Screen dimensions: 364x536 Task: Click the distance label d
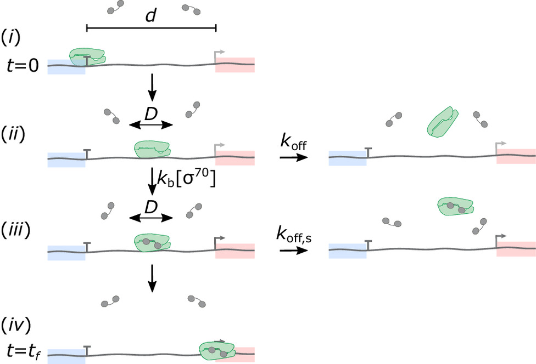tap(150, 17)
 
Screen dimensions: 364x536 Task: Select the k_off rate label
tap(292, 141)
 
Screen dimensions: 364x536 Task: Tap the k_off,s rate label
tap(295, 235)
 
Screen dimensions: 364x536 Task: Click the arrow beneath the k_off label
tap(291, 157)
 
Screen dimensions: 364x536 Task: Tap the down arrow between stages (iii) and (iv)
tap(152, 280)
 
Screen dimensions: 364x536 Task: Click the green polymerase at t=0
tap(87, 56)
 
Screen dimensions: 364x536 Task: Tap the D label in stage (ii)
tap(151, 114)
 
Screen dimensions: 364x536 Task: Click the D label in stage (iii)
tap(151, 207)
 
